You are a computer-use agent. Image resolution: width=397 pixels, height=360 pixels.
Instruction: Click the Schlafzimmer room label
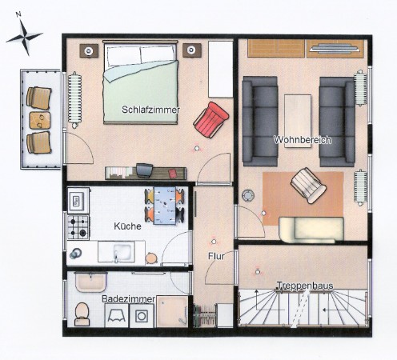point(150,110)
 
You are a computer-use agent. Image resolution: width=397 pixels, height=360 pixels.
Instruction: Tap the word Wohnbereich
point(303,140)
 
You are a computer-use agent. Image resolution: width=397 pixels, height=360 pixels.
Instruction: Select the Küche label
point(127,226)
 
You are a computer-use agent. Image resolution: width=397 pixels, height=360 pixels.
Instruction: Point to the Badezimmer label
point(128,299)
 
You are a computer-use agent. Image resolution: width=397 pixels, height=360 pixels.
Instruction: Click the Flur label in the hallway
point(216,256)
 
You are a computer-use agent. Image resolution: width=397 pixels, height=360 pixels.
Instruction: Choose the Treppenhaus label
point(305,286)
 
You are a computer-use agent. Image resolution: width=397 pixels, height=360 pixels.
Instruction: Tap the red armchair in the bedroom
point(211,120)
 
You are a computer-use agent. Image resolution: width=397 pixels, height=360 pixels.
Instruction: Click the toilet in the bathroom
point(82,314)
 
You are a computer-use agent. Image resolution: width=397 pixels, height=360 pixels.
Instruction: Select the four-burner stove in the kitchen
point(78,227)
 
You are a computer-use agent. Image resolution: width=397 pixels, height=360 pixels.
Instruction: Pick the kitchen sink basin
point(122,252)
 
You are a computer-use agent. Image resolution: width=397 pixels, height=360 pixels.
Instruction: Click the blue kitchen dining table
point(165,206)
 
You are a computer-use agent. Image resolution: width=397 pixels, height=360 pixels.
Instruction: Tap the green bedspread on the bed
point(141,92)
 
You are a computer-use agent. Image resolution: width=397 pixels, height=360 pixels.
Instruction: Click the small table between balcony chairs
point(40,121)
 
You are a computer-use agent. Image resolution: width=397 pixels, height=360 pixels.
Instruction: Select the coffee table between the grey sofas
point(298,121)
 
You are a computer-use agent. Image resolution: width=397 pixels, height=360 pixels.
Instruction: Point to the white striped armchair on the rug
point(308,186)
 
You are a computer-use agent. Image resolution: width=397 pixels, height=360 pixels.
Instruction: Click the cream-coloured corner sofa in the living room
point(311,230)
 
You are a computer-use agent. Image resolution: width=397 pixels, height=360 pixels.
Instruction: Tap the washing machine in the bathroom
point(142,316)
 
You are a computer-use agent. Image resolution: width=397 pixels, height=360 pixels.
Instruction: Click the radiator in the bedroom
point(74,100)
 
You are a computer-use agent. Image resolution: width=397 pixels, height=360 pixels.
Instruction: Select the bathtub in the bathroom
point(91,282)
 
